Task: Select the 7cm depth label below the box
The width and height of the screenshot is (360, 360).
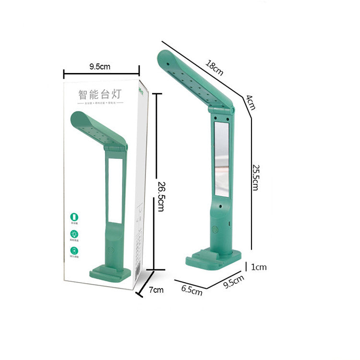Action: pos(156,289)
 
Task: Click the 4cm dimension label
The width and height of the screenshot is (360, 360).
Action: pos(250,102)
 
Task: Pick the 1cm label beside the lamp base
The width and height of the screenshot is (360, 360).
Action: pos(259,267)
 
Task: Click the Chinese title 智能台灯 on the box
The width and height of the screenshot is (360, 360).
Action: pos(100,93)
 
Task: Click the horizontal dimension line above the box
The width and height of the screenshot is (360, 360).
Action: pos(101,74)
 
